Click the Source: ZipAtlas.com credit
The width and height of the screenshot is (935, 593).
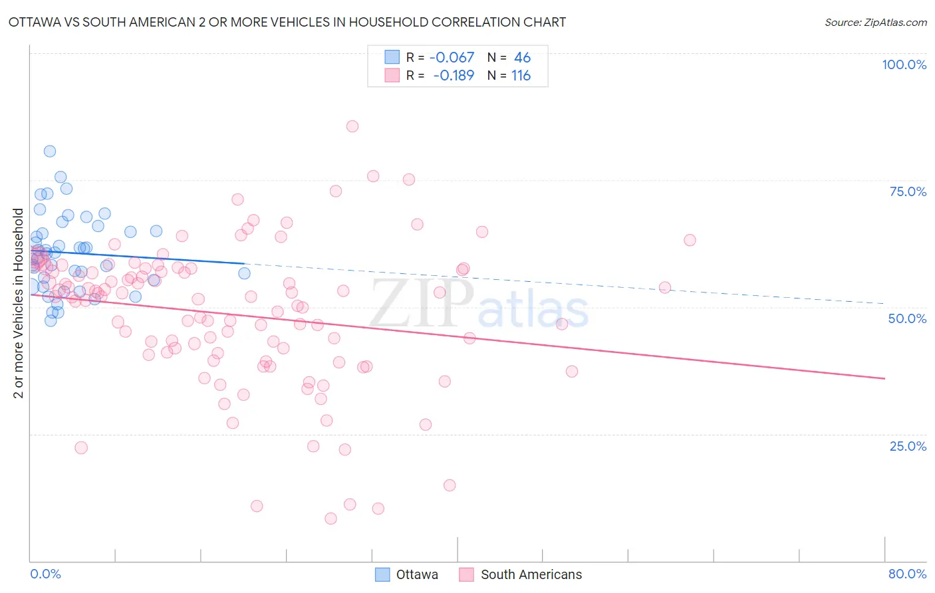coord(875,23)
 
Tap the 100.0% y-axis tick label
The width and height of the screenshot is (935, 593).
coord(904,64)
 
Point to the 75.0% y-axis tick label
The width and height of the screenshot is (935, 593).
coord(908,191)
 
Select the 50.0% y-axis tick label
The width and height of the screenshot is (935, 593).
coord(907,318)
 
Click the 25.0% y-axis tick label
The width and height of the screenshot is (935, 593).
coord(908,446)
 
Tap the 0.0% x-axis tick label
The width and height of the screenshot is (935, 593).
coord(45,574)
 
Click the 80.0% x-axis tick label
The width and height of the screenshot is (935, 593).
coord(907,574)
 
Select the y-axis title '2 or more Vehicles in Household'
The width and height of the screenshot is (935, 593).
coord(18,303)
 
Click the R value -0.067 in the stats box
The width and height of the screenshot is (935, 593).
coord(452,58)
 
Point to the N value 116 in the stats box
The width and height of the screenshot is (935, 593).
coord(521,76)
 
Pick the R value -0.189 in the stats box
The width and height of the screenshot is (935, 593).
coord(454,76)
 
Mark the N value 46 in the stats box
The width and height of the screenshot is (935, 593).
coord(522,58)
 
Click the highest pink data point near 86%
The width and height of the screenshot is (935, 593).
coord(352,126)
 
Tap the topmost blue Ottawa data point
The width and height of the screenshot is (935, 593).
coord(50,151)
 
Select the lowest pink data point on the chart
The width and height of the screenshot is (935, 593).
coord(331,519)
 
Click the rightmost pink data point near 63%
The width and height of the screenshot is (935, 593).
coord(690,240)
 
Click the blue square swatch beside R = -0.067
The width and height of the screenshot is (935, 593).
coord(392,57)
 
